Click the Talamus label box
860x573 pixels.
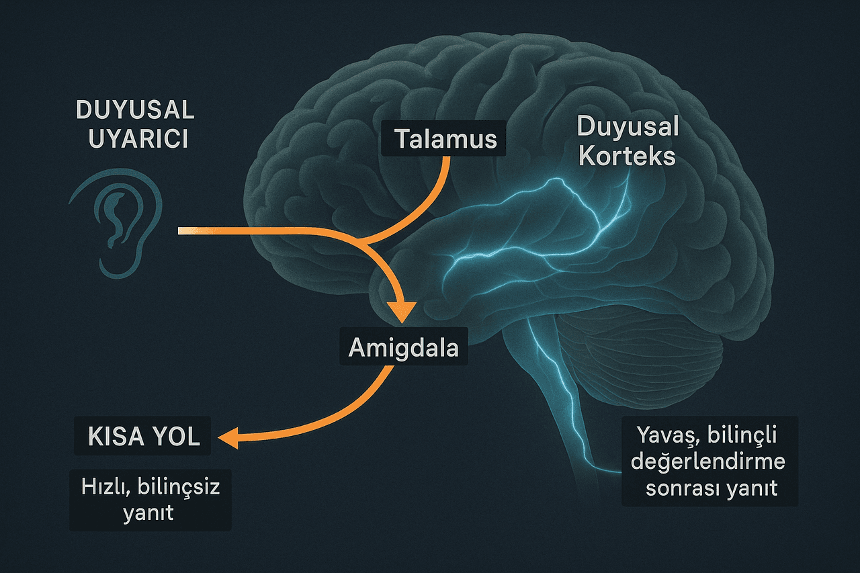[443, 138]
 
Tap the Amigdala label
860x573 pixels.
[404, 346]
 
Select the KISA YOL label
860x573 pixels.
[142, 436]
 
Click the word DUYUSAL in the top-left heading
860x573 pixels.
[136, 109]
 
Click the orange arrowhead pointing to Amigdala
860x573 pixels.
[402, 311]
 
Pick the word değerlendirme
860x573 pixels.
[708, 461]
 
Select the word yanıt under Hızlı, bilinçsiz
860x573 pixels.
[148, 513]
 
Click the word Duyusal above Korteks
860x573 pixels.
[628, 127]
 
